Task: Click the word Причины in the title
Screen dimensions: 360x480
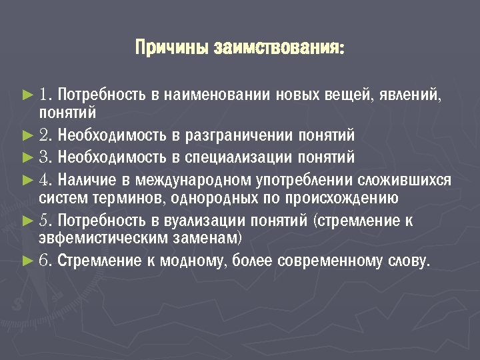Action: (x=172, y=49)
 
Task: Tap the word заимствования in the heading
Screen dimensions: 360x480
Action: (x=279, y=49)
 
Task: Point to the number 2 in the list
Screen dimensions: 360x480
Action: (x=45, y=136)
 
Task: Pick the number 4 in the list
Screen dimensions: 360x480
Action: (x=45, y=181)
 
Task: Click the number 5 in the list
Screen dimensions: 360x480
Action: (x=45, y=221)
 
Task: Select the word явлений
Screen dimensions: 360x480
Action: (x=409, y=95)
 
